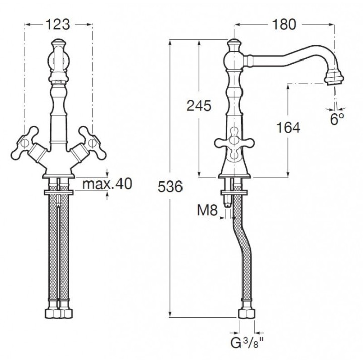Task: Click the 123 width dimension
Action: (x=57, y=24)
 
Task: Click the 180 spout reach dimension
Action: (x=284, y=24)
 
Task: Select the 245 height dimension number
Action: (x=199, y=106)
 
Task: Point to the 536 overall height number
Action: (x=170, y=187)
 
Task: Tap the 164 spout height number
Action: (x=288, y=128)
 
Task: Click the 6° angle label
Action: (x=337, y=119)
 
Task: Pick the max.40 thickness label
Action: (x=107, y=184)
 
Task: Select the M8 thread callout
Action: (x=207, y=210)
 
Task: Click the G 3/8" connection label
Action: (x=247, y=343)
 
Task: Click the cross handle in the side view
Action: (x=234, y=143)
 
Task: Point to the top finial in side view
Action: (x=234, y=44)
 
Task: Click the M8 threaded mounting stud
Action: (x=228, y=193)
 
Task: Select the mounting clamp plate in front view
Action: (x=58, y=192)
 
